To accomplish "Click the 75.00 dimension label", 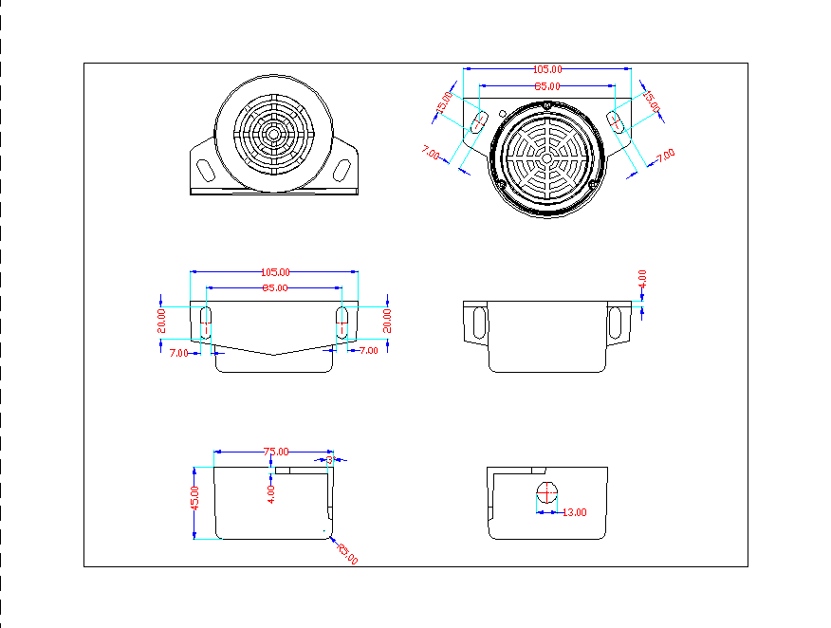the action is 276,452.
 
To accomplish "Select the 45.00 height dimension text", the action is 195,498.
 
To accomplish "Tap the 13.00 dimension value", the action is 575,512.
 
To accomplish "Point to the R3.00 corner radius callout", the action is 347,554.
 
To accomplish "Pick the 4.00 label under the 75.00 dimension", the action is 271,492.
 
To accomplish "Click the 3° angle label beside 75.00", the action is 329,459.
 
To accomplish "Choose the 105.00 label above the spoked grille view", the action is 547,69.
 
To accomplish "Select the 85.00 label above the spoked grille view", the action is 546,86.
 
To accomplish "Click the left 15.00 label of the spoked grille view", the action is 444,103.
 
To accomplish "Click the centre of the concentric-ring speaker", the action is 275,135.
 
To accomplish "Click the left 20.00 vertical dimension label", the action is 161,320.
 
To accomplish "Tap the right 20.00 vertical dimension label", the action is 387,320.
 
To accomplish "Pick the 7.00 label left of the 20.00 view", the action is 178,352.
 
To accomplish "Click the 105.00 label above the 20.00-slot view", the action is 276,272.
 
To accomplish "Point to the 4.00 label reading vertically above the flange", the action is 642,279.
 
